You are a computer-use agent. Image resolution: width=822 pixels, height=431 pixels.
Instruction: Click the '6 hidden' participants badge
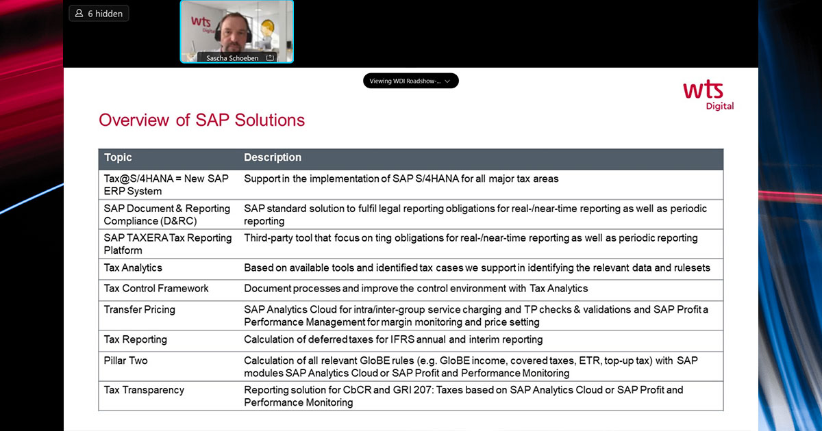(x=99, y=14)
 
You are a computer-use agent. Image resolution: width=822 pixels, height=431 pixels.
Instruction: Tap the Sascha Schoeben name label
(x=232, y=58)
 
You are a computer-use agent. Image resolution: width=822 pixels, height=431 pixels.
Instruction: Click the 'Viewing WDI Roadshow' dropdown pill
(x=410, y=81)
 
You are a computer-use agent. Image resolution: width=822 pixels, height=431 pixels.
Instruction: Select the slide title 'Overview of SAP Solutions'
(x=202, y=120)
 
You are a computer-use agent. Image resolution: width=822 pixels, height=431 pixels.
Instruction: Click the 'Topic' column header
(x=118, y=157)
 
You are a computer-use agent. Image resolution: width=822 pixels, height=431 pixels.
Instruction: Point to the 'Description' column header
(x=273, y=157)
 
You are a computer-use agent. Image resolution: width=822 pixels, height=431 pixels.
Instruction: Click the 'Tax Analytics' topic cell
(x=133, y=268)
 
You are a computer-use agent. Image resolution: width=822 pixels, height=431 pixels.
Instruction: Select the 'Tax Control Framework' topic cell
(x=156, y=289)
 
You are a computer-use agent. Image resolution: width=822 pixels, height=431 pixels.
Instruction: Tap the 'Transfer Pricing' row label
(x=140, y=310)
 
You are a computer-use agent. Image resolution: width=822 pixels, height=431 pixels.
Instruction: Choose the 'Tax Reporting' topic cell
(x=136, y=339)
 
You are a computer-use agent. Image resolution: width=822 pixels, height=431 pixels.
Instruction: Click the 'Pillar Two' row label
(x=125, y=361)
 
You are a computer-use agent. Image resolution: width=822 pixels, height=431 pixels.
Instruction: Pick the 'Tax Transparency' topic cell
(x=144, y=390)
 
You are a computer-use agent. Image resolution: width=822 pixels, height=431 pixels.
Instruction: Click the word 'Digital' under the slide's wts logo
(x=720, y=106)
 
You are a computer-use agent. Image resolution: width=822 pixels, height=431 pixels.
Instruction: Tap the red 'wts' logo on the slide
(x=703, y=90)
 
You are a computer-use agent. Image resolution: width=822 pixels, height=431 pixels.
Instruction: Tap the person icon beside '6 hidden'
(x=79, y=14)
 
